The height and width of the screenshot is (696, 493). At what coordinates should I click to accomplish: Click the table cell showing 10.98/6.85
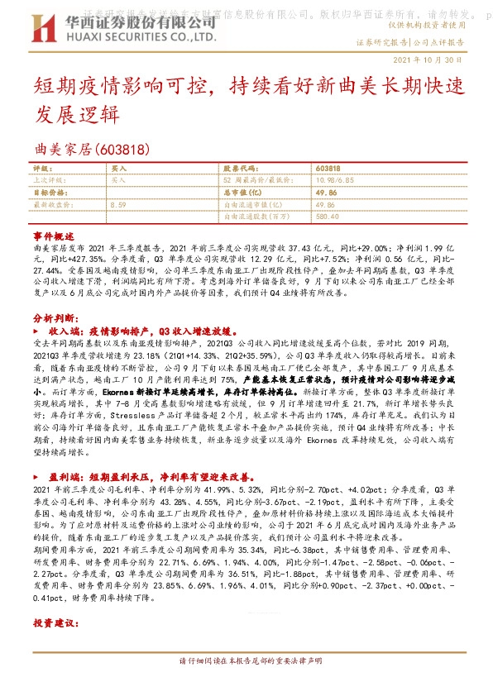click(335, 179)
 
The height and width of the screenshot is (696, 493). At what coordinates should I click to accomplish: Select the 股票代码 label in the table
click(238, 167)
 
